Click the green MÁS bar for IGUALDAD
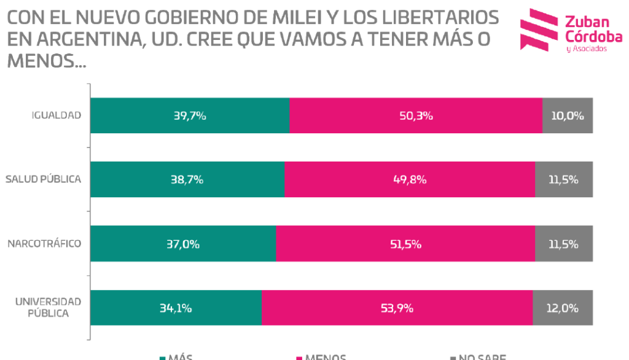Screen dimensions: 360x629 154,115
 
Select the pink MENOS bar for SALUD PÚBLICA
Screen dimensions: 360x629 344,179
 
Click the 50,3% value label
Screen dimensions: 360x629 416,115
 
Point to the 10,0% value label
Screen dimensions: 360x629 568,115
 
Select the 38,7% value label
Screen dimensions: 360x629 187,179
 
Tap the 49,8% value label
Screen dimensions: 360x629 410,179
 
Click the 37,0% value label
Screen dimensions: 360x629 183,244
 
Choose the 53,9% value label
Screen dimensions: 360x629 397,308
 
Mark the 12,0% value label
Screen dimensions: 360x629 563,308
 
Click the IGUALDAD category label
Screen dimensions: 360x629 56,115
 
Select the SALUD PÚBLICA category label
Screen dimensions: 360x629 43,179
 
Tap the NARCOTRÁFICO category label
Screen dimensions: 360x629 44,244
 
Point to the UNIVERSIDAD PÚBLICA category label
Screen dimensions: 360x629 48,307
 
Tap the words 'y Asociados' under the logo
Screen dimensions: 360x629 586,49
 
